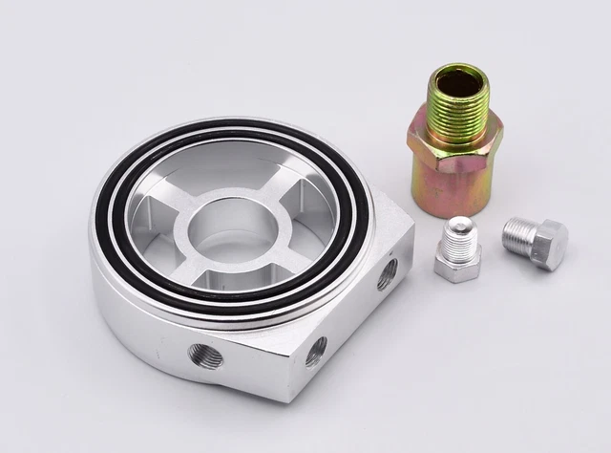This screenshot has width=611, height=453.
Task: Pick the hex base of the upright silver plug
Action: pyautogui.click(x=457, y=267)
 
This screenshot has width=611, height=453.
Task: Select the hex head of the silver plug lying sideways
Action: pyautogui.click(x=548, y=246)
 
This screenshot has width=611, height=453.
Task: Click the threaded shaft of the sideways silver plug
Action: pyautogui.click(x=518, y=232)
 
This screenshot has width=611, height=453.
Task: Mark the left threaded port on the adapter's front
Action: pyautogui.click(x=205, y=356)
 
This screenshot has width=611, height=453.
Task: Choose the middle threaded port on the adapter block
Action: pyautogui.click(x=316, y=350)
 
